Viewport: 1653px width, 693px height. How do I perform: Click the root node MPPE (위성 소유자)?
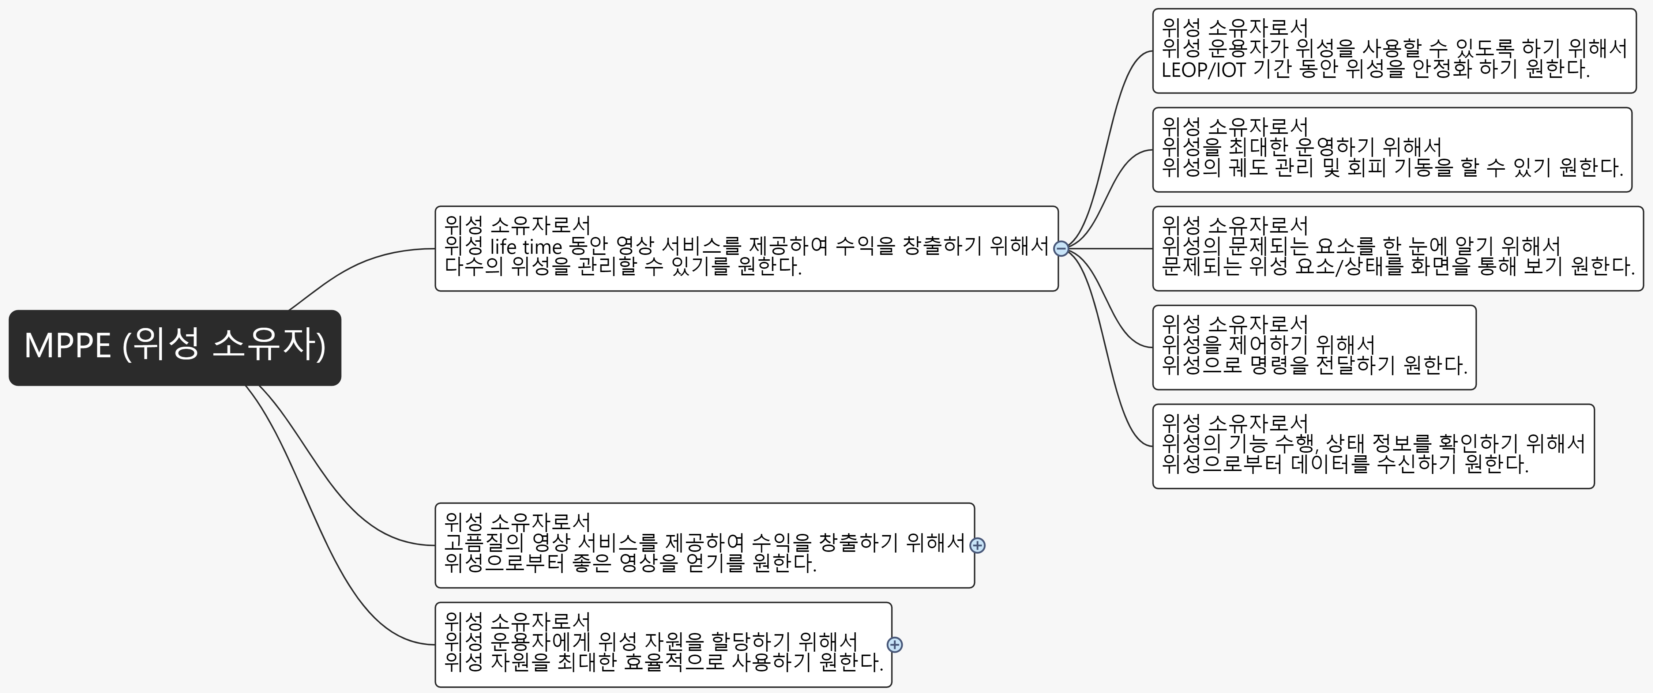pyautogui.click(x=174, y=347)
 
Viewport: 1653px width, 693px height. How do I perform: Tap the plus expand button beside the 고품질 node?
pyautogui.click(x=977, y=545)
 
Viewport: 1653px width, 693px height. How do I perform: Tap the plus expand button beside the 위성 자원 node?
pyautogui.click(x=894, y=645)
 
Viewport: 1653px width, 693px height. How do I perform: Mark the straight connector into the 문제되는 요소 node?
pyautogui.click(x=1110, y=248)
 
